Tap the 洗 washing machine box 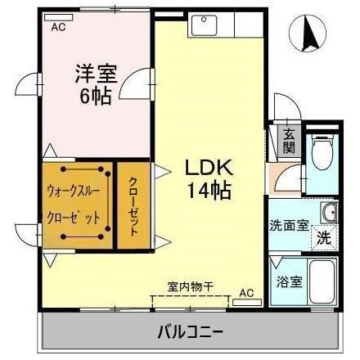click(324, 239)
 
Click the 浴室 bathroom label click(287, 281)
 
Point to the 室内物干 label click(190, 286)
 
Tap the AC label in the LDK click(246, 291)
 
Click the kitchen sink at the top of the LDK click(202, 25)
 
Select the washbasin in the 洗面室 click(330, 214)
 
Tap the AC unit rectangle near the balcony click(245, 302)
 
